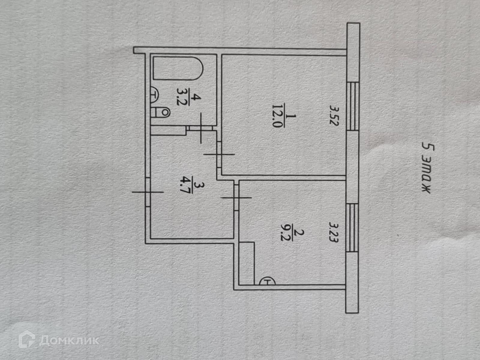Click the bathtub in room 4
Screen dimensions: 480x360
(178, 69)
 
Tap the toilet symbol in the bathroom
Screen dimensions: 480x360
(161, 112)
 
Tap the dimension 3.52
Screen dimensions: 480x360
(333, 115)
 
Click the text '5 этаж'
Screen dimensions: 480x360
(426, 168)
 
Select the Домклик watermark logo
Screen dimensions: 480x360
(59, 340)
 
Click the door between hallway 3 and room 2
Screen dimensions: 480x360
(236, 197)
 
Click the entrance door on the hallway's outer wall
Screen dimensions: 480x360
(147, 192)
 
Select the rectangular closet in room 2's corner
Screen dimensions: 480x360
(247, 262)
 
